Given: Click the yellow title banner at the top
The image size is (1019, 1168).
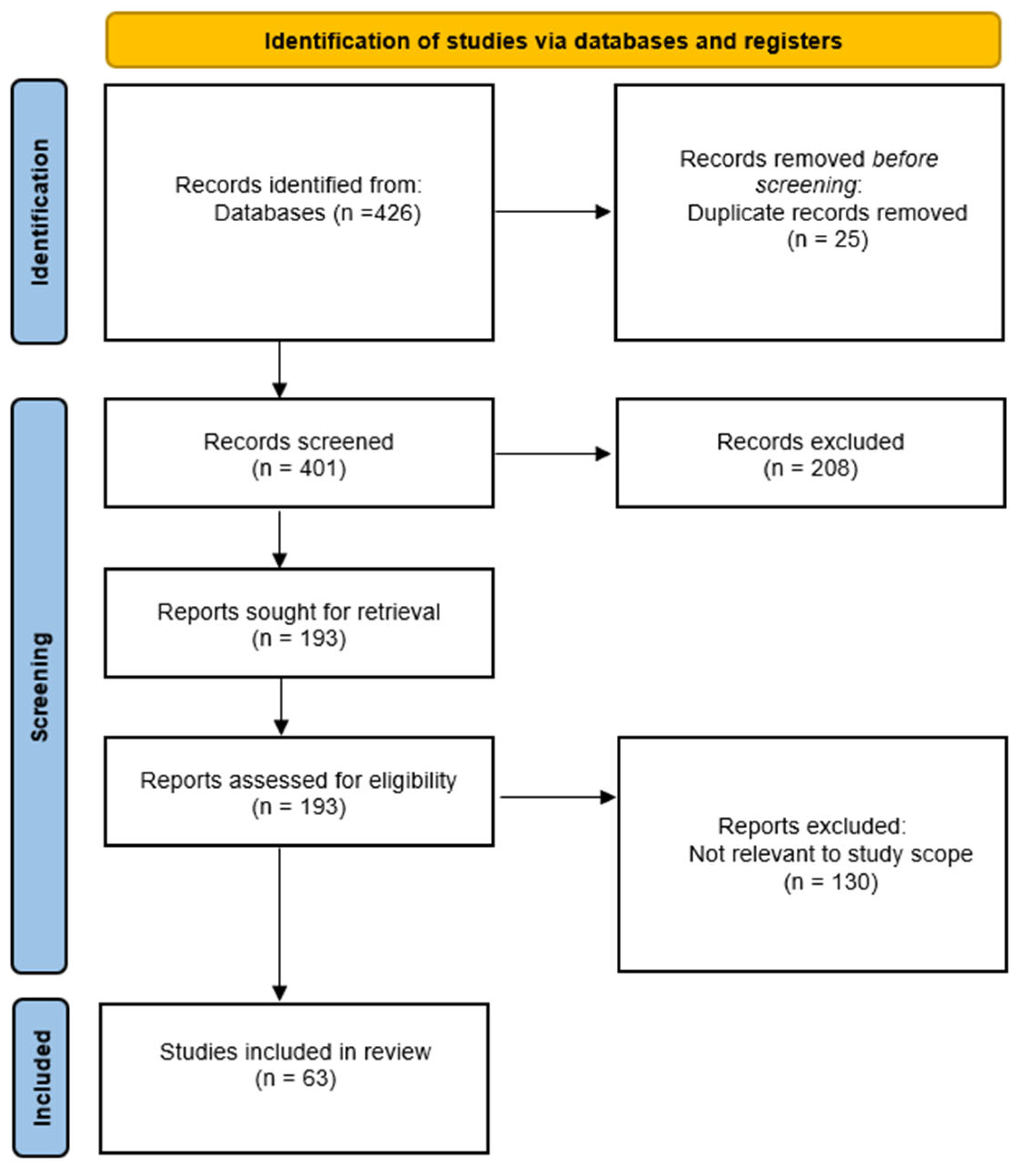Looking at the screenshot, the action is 553,40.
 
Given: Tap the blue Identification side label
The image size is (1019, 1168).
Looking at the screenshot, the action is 39,211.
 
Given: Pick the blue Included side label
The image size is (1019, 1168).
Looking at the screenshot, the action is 41,1078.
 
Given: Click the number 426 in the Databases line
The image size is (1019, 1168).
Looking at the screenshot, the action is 394,213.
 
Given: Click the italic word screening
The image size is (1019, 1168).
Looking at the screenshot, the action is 806,186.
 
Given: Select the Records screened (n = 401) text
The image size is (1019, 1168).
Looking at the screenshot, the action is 299,455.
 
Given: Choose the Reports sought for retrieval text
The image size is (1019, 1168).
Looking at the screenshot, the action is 299,612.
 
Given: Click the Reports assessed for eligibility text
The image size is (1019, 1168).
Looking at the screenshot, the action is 299,780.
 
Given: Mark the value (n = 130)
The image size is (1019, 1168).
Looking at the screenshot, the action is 831,882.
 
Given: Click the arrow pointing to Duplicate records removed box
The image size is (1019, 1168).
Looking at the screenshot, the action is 553,212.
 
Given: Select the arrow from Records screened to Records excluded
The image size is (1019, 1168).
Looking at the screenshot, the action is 553,454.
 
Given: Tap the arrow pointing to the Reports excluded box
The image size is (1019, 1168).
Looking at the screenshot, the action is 558,798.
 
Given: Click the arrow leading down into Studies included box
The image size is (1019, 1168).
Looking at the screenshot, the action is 279,924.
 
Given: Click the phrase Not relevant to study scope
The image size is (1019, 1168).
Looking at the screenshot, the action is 831,854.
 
